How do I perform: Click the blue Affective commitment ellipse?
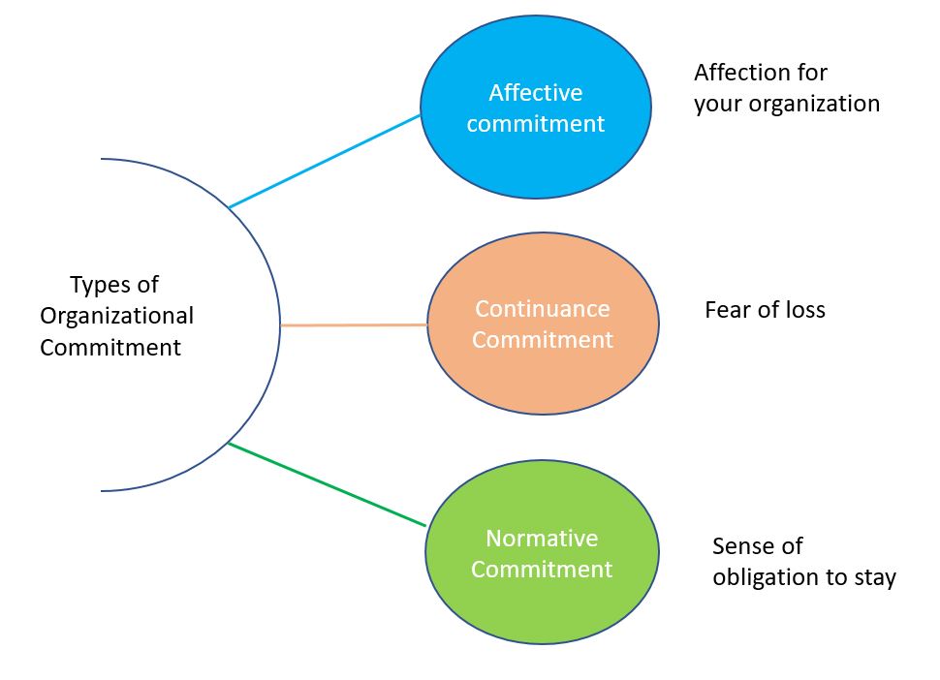[x=535, y=155]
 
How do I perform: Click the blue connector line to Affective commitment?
[x=325, y=161]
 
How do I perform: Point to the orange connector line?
[x=354, y=325]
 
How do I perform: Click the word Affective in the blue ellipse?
[x=535, y=93]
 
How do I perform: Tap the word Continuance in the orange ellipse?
[x=542, y=309]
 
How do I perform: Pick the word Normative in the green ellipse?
[x=542, y=539]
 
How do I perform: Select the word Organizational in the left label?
[x=116, y=317]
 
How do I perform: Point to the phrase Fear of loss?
[x=765, y=310]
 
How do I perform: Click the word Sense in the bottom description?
[x=744, y=546]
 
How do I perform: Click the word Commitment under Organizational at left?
[x=110, y=348]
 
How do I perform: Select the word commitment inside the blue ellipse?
[x=535, y=124]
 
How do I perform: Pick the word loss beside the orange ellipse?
[x=802, y=310]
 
